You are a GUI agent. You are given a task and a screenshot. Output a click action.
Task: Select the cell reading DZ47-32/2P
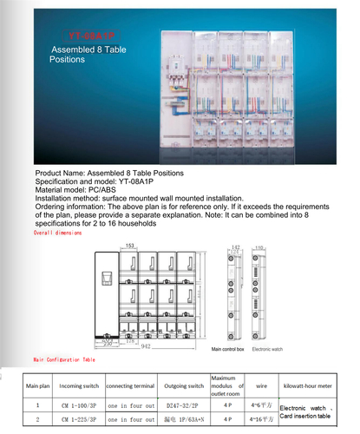(x=183, y=404)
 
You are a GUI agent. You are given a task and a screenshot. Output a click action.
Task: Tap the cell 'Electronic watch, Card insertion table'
(x=309, y=411)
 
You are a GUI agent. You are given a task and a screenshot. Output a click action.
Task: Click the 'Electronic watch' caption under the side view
(x=265, y=348)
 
